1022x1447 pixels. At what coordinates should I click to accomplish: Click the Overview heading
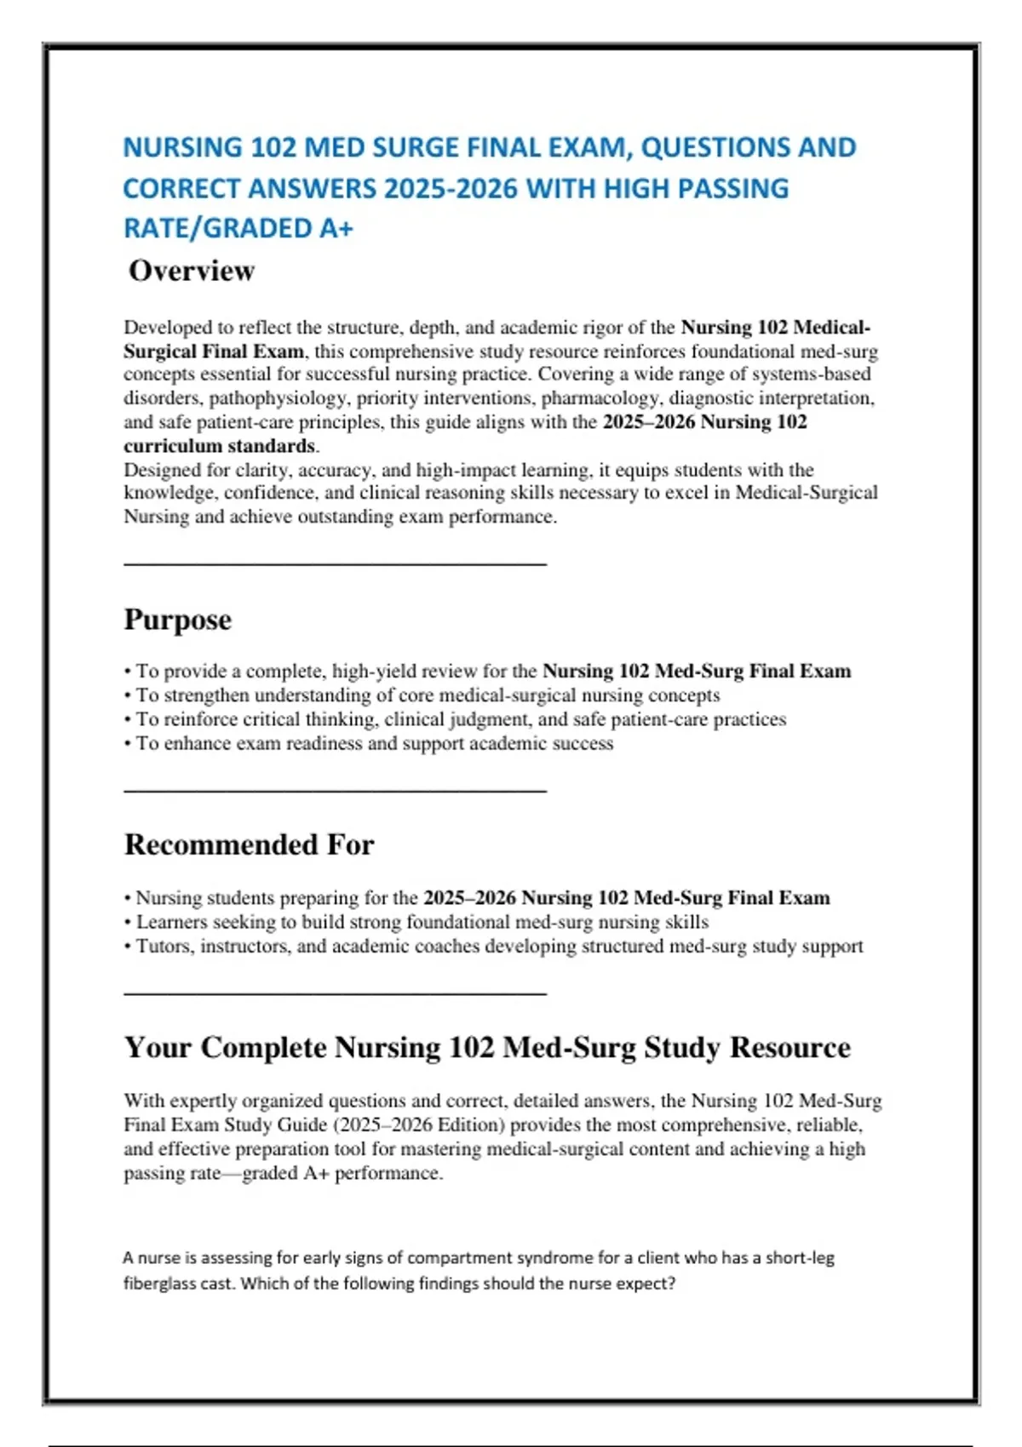coord(192,271)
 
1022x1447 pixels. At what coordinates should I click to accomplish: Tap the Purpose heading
coord(177,620)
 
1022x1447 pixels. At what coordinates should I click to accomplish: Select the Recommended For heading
coord(249,844)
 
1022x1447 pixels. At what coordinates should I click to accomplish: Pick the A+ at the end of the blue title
coord(336,228)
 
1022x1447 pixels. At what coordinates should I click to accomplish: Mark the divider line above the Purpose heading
coord(335,563)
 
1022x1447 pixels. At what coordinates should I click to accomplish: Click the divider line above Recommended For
coord(335,791)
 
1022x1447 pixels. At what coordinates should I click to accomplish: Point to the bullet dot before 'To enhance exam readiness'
coord(128,744)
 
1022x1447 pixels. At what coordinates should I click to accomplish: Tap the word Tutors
coord(165,946)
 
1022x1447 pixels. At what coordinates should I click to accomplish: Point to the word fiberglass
coord(159,1283)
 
